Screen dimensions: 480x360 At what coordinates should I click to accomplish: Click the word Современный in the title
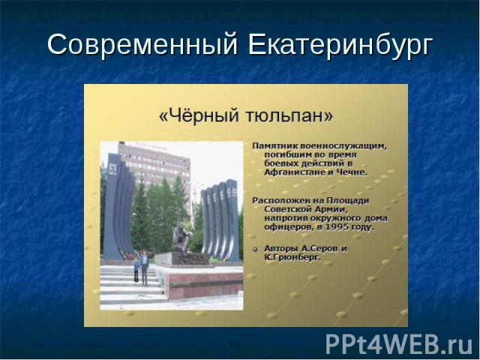[x=142, y=44]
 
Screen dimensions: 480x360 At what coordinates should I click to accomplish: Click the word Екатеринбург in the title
[x=340, y=46]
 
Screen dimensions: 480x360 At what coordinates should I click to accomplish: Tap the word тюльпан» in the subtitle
[x=289, y=116]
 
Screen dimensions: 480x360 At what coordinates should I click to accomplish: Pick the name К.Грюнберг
[x=292, y=257]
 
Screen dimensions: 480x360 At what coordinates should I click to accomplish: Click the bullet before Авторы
[x=255, y=249]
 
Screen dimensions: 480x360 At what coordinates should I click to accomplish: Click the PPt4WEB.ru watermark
[x=399, y=345]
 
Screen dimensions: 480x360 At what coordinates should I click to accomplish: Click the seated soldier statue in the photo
[x=181, y=237]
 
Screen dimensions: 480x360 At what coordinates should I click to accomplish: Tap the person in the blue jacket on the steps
[x=144, y=267]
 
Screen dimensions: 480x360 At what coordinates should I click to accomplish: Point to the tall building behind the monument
[x=154, y=165]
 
